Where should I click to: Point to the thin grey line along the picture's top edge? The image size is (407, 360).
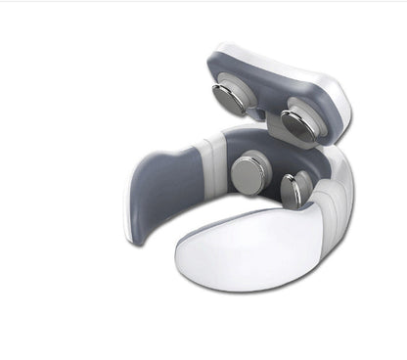coord(203,3)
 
